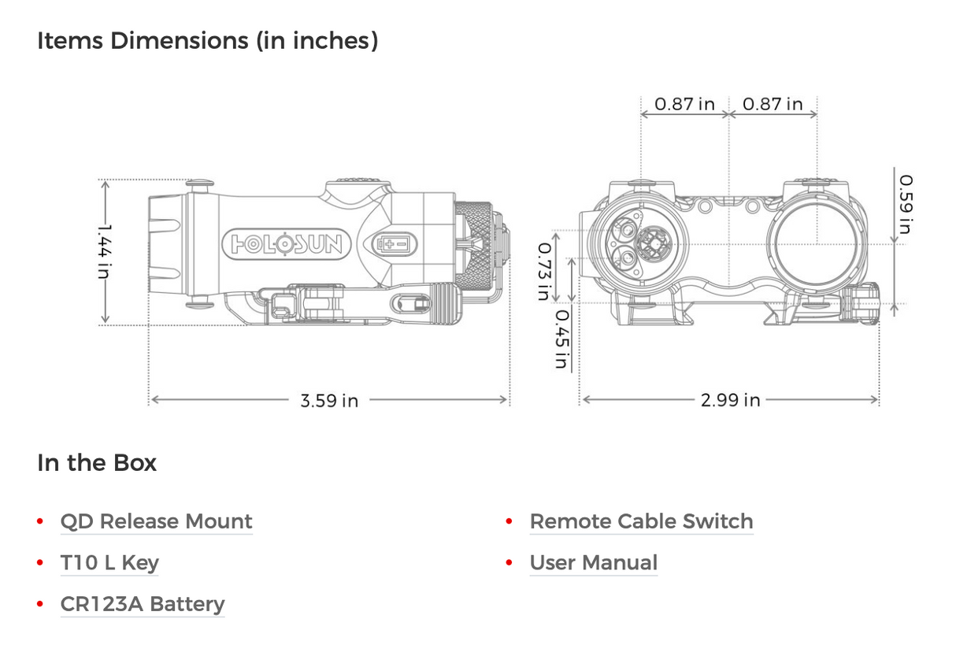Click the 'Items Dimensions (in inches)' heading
point(208,41)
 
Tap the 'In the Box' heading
point(97,462)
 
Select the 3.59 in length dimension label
point(329,401)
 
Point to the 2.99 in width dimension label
point(731,401)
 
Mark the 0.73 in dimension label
point(543,270)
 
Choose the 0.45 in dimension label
point(561,339)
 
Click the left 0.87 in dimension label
point(684,104)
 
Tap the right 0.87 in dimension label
point(773,104)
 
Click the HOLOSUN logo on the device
point(287,245)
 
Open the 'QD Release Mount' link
point(156,521)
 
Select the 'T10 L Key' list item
point(109,563)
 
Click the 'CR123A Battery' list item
point(143,605)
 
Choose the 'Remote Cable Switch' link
point(641,521)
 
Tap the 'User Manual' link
point(593,563)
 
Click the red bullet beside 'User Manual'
point(509,563)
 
